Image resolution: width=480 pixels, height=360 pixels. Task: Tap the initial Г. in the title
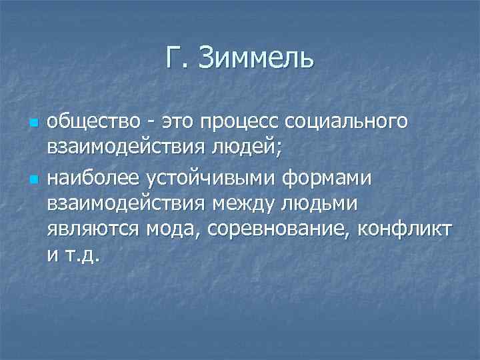coord(177,58)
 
